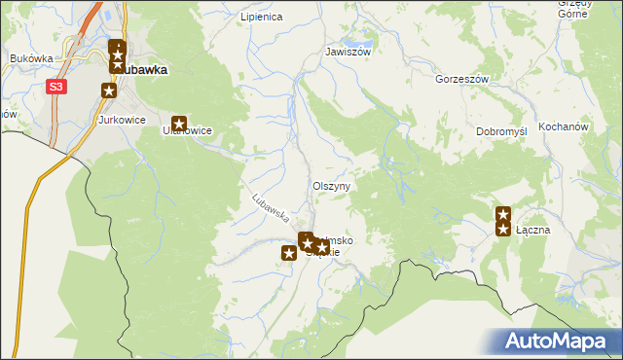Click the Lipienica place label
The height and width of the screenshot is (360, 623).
[261, 17]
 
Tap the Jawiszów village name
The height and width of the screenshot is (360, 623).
[348, 52]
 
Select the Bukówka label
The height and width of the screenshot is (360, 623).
[31, 58]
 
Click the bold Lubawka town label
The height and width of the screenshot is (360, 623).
[144, 70]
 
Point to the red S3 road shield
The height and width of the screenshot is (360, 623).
[57, 87]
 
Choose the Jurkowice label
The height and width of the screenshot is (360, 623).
[122, 120]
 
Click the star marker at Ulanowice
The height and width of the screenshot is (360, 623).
[179, 124]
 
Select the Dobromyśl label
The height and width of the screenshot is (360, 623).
[501, 131]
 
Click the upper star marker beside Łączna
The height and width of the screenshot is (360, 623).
[503, 214]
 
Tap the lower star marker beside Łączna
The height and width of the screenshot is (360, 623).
[503, 229]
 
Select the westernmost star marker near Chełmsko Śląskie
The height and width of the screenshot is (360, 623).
[289, 253]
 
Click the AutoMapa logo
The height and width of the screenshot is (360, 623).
[557, 342]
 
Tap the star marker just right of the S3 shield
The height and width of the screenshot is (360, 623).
[109, 90]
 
